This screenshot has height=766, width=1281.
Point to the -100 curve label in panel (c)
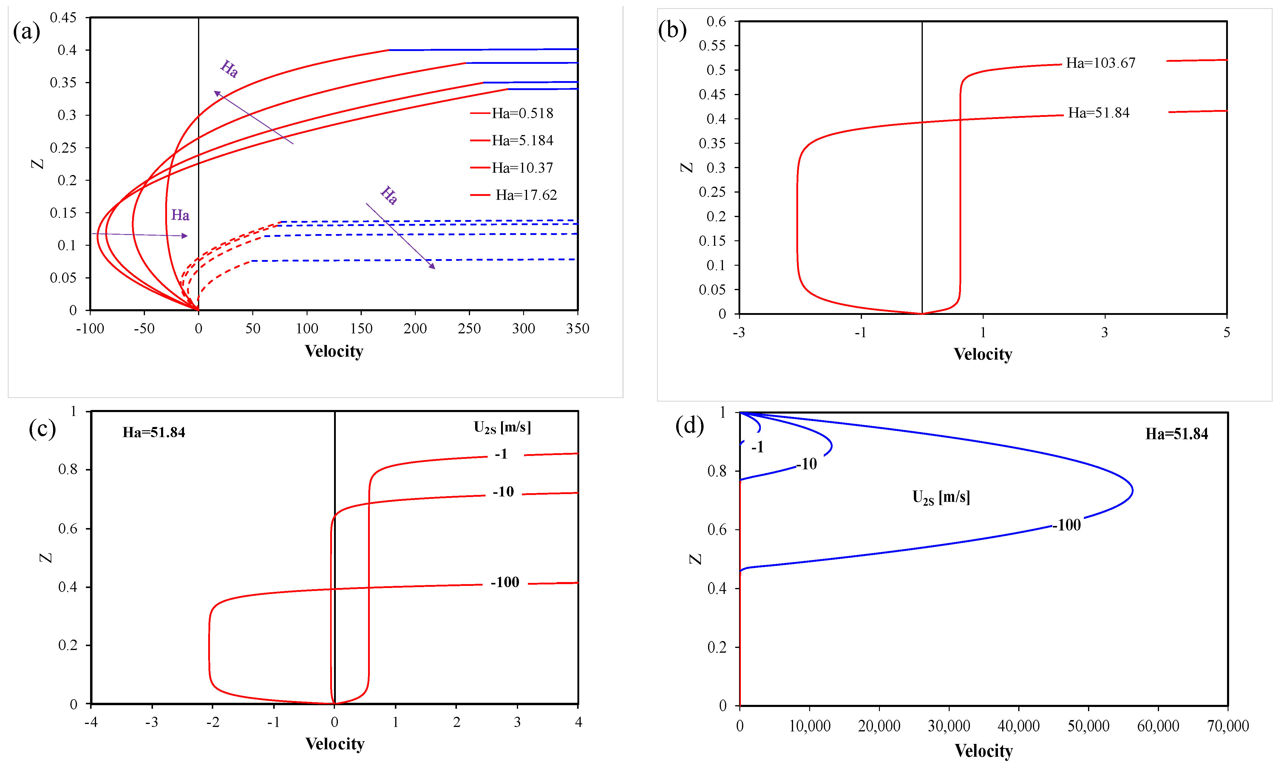(504, 582)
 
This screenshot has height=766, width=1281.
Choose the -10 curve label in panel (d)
(806, 464)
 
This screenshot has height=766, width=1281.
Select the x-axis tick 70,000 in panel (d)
(1227, 726)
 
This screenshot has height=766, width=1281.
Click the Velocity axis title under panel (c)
(335, 744)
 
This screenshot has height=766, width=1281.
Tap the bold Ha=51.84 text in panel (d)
(1176, 434)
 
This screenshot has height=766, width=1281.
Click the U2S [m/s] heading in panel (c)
(502, 427)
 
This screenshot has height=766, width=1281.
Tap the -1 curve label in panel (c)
(501, 454)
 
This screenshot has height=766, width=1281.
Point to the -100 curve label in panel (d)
(1067, 525)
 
